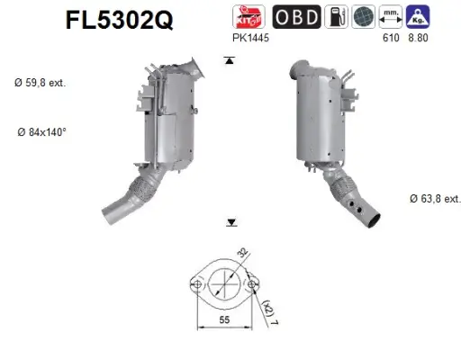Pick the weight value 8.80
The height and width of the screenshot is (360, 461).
[x=419, y=40]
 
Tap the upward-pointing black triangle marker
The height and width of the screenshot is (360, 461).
[x=230, y=60]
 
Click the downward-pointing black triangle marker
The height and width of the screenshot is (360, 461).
[x=230, y=220]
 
